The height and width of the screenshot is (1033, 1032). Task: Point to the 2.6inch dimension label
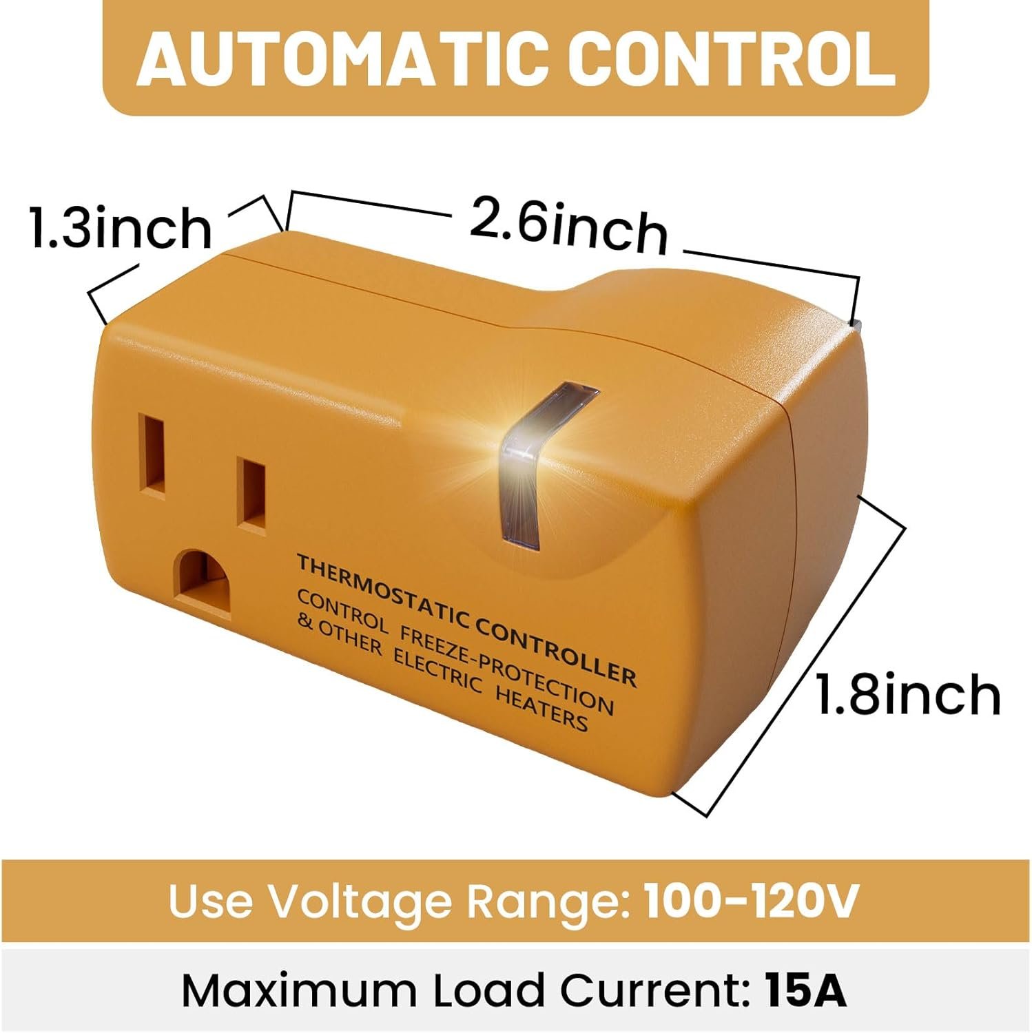point(569,224)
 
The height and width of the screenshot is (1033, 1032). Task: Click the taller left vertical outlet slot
point(152,455)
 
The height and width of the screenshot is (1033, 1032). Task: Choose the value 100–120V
point(752,900)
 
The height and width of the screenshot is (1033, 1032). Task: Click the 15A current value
point(805,990)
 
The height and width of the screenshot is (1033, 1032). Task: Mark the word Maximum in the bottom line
point(298,990)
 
